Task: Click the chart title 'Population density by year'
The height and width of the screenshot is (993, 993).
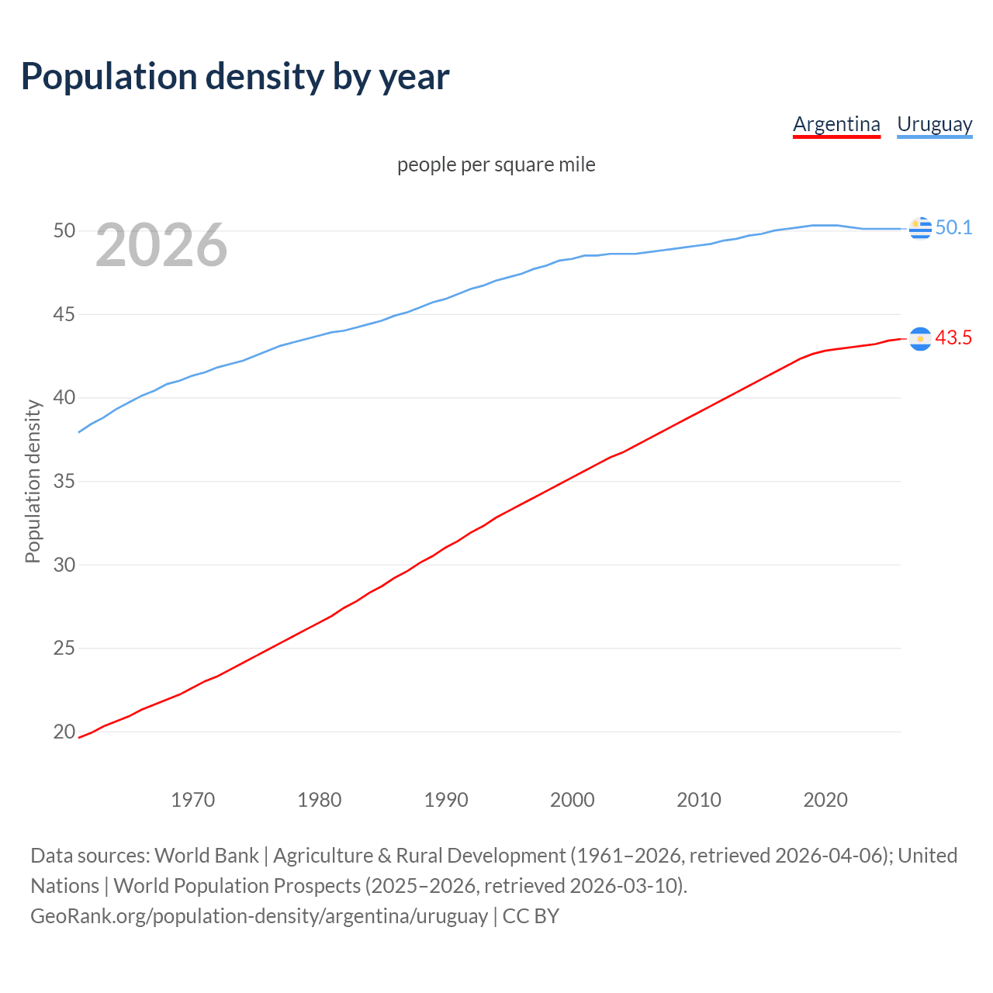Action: pyautogui.click(x=235, y=77)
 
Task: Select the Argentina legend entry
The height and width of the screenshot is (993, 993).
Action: pyautogui.click(x=836, y=124)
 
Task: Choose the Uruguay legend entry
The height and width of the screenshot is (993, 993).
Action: pyautogui.click(x=934, y=124)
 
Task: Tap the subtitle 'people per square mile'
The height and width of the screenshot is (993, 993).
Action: pyautogui.click(x=496, y=164)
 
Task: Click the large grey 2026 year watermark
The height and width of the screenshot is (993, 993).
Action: pyautogui.click(x=161, y=245)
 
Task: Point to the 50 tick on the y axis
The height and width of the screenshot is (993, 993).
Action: pyautogui.click(x=64, y=231)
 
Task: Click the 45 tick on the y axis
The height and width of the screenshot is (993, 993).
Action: pyautogui.click(x=64, y=315)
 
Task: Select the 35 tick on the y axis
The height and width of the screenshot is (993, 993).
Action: pyautogui.click(x=64, y=482)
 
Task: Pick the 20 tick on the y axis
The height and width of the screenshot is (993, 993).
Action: pyautogui.click(x=64, y=732)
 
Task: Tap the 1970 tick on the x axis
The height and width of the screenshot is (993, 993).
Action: pyautogui.click(x=193, y=800)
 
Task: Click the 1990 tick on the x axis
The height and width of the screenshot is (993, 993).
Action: pyautogui.click(x=446, y=800)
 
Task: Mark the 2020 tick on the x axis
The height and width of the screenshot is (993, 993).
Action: pyautogui.click(x=825, y=800)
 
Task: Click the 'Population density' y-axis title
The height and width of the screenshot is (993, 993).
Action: pyautogui.click(x=33, y=481)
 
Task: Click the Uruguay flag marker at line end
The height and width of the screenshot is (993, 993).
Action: pyautogui.click(x=920, y=228)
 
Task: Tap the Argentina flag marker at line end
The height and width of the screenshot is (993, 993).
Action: pyautogui.click(x=920, y=338)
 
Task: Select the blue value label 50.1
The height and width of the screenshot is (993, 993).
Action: pyautogui.click(x=953, y=227)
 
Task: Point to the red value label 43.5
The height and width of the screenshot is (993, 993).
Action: pyautogui.click(x=953, y=338)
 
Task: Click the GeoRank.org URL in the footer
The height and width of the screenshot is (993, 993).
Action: pyautogui.click(x=259, y=916)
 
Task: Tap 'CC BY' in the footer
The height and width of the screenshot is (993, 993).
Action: pyautogui.click(x=531, y=916)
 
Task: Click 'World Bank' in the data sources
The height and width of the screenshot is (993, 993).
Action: pyautogui.click(x=206, y=856)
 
